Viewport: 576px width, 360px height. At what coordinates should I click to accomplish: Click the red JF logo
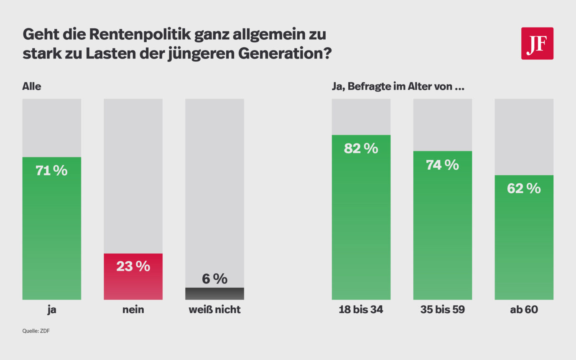click(x=537, y=43)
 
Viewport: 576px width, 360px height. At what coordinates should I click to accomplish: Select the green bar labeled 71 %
click(x=51, y=234)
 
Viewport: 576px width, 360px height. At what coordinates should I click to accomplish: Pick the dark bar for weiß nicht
click(x=214, y=294)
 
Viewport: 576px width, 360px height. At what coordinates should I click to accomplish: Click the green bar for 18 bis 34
click(x=361, y=226)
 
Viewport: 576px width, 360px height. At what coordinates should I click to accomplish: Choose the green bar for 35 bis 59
click(x=442, y=234)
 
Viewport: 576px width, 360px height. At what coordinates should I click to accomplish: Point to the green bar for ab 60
click(x=524, y=247)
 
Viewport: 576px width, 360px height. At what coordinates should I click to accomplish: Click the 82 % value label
click(x=361, y=148)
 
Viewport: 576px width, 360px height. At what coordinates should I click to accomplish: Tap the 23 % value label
click(x=133, y=266)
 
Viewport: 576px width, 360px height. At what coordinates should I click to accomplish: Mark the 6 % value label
click(x=214, y=279)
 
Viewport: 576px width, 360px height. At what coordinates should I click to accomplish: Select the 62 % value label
click(x=524, y=189)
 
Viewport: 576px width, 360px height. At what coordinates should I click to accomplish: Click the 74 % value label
click(x=442, y=165)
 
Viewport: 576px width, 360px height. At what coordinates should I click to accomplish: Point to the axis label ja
click(x=51, y=310)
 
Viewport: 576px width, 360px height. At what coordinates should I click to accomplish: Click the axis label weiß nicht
click(x=214, y=310)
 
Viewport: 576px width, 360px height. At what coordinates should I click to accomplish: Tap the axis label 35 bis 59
click(x=442, y=310)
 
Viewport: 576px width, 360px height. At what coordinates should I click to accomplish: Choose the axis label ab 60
click(x=524, y=310)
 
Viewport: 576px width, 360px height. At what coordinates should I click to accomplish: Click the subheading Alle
click(x=32, y=87)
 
